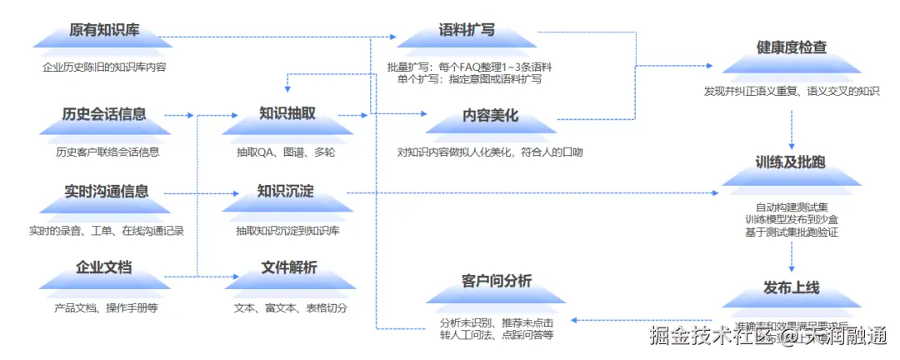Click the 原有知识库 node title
[105, 32]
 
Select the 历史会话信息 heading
[105, 114]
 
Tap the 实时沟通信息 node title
[106, 191]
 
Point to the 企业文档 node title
[104, 268]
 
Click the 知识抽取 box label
[287, 114]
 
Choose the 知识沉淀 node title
[286, 191]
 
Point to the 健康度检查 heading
[792, 47]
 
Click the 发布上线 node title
[792, 287]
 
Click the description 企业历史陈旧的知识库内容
[105, 67]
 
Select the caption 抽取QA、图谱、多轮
[286, 152]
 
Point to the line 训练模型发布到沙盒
[792, 219]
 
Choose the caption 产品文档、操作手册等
[106, 307]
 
